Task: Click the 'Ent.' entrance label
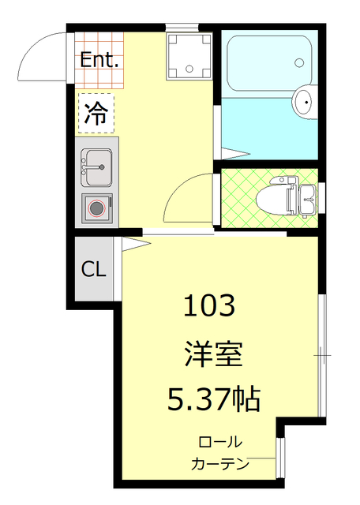point(100,59)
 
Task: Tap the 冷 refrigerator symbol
point(96,114)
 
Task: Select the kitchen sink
point(96,165)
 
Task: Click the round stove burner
point(96,208)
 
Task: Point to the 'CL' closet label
point(94,269)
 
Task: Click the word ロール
point(220,442)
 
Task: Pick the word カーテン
point(220,464)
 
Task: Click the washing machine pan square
point(189,55)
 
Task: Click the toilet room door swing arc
point(186,197)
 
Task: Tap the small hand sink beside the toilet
point(308,196)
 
